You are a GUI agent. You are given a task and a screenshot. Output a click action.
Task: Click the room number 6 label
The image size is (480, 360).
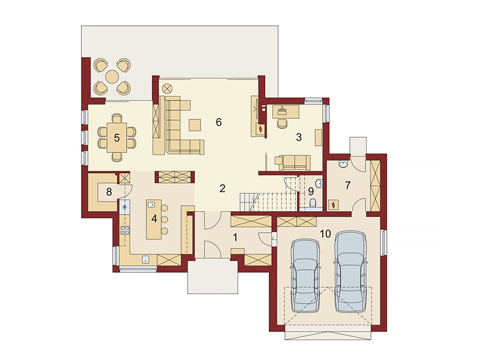pyautogui.click(x=218, y=122)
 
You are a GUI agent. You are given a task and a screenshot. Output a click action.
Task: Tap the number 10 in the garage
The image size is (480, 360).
pyautogui.click(x=325, y=234)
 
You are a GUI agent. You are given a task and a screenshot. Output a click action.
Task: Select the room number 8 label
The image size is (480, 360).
pyautogui.click(x=109, y=192)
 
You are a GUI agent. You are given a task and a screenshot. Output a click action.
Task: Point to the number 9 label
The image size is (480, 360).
pyautogui.click(x=311, y=191)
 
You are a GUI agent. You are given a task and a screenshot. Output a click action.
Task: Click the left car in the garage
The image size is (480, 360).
pyautogui.click(x=305, y=276)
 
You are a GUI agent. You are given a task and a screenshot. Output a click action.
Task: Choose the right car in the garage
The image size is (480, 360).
pyautogui.click(x=350, y=272)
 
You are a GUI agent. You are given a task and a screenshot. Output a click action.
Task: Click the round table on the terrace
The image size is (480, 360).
pyautogui.click(x=112, y=76)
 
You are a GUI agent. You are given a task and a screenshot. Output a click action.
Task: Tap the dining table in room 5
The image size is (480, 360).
pyautogui.click(x=116, y=137)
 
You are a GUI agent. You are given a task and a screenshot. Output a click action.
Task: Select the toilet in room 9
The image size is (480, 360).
pyautogui.click(x=313, y=203)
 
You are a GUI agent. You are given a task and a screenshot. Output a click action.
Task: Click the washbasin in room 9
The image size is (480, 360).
pyautogui.click(x=319, y=184)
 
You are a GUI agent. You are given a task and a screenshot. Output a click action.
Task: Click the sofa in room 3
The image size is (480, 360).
pyautogui.click(x=293, y=162)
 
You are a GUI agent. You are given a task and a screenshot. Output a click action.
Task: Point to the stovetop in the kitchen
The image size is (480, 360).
pyautogui.click(x=125, y=230)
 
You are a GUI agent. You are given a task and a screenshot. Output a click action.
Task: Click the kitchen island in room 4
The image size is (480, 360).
pyautogui.click(x=154, y=219)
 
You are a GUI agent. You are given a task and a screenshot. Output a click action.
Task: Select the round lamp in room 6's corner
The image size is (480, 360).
pyautogui.click(x=167, y=89)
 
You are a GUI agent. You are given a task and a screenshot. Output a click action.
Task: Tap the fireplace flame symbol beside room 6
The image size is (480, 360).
pyautogui.click(x=260, y=129)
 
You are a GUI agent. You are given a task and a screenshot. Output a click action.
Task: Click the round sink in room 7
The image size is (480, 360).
pyautogui.click(x=343, y=164)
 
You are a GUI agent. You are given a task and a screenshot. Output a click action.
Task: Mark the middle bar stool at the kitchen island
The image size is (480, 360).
pyautogui.click(x=164, y=219)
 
